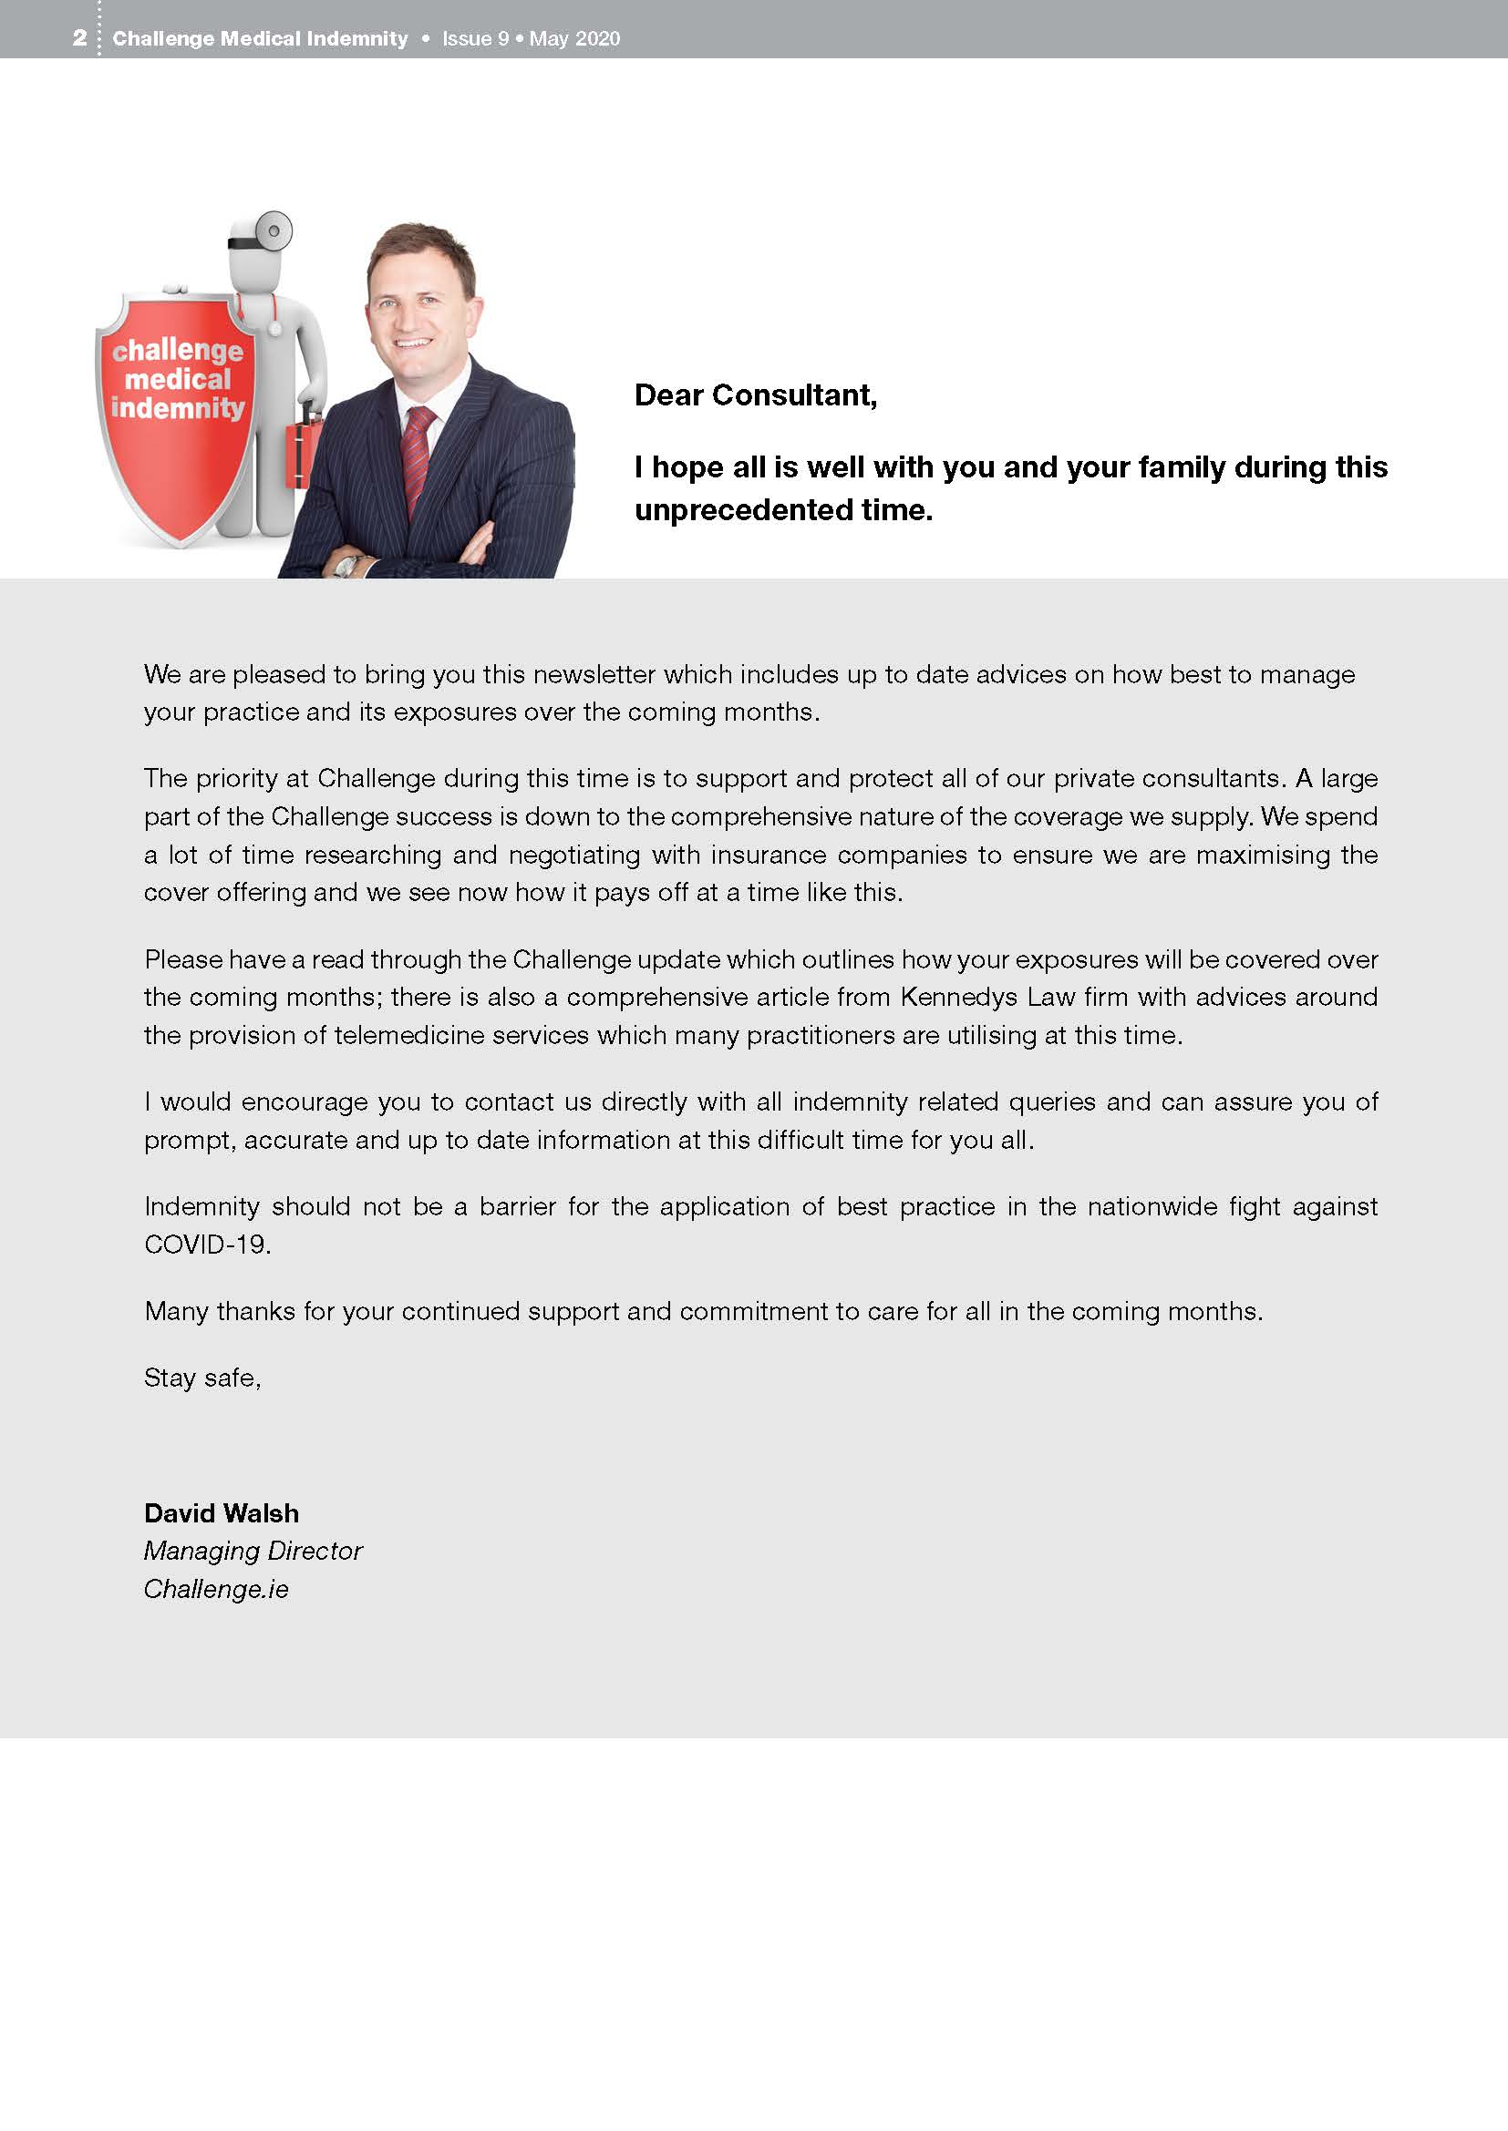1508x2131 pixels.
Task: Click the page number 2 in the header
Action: pos(80,38)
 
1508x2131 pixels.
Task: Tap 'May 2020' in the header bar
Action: pos(573,39)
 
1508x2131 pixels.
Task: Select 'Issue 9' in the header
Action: pos(474,39)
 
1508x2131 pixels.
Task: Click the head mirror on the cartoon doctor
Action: pos(274,230)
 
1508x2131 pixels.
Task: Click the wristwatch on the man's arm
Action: pos(346,564)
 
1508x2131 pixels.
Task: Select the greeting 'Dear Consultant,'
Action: pos(755,395)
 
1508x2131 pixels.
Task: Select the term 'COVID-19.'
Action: pos(207,1245)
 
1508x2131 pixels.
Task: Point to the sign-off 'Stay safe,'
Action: pos(201,1378)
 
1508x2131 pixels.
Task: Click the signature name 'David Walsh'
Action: pos(221,1514)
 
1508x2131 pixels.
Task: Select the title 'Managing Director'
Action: pos(253,1552)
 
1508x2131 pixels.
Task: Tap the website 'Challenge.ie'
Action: pos(215,1590)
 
